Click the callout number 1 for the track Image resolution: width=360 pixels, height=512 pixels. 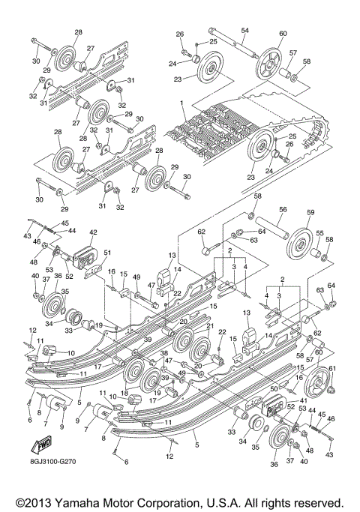181,102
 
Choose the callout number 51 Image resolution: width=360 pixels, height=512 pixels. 107,253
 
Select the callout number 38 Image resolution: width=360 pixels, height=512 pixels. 163,353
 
